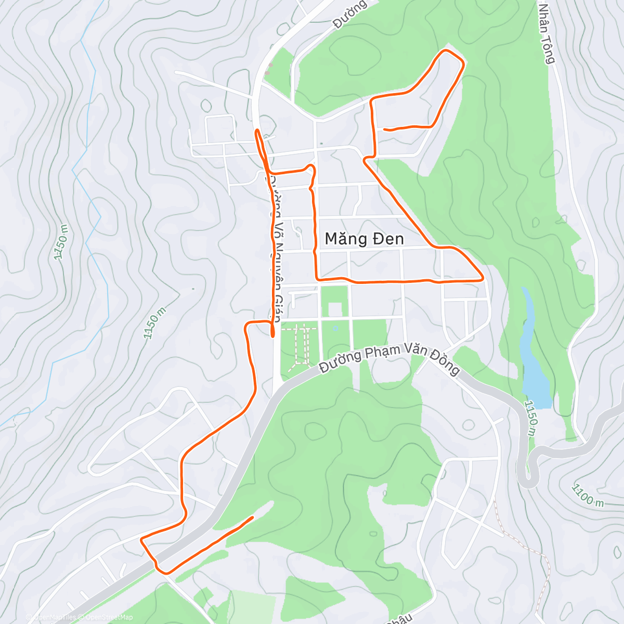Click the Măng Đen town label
[x=364, y=239]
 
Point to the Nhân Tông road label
[x=547, y=34]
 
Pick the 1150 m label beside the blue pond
[x=531, y=419]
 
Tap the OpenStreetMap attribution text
[x=109, y=617]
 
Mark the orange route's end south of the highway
[x=253, y=517]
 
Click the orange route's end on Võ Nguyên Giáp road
[x=273, y=335]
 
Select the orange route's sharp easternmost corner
[x=483, y=279]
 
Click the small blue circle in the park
[x=335, y=328]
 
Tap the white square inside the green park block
[x=335, y=309]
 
